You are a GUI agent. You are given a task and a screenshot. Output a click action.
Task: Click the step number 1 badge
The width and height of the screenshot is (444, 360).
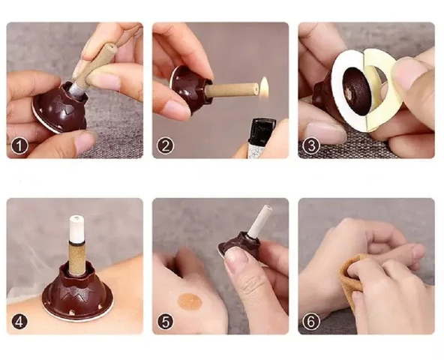(19, 146)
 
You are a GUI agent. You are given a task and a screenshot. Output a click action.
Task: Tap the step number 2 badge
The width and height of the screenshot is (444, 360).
(165, 146)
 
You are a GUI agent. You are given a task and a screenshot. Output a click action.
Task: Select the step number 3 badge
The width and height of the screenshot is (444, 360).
(311, 146)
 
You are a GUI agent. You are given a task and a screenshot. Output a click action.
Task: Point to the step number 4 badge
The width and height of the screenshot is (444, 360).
(19, 322)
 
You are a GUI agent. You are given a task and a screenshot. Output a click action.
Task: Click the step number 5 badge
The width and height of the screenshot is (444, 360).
(165, 322)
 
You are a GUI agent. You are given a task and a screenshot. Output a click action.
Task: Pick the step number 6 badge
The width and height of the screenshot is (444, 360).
(311, 322)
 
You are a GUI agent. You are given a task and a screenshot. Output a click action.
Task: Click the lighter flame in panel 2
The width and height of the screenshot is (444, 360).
(264, 87)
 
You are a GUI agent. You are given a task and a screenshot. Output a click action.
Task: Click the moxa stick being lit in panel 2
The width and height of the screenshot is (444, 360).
(232, 89)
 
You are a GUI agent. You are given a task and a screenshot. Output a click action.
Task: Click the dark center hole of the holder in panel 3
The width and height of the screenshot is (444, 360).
(356, 91)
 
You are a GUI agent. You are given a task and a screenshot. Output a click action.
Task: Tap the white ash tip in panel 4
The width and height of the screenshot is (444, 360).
(76, 229)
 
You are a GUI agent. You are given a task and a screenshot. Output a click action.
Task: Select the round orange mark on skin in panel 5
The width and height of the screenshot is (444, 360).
(190, 301)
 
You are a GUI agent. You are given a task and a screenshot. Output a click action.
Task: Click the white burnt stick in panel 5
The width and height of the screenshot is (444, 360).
(260, 220)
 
